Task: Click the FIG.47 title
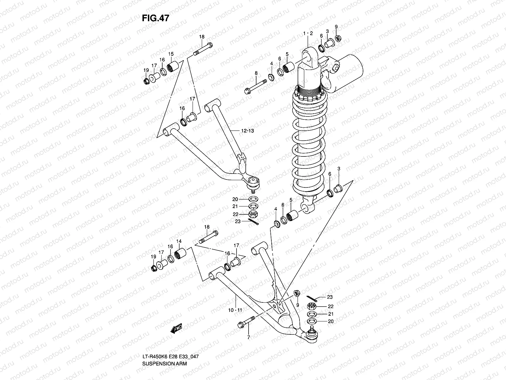[155, 18]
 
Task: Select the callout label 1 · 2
[308, 34]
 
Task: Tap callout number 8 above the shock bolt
[256, 73]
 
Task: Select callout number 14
[179, 241]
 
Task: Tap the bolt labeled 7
[246, 322]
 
